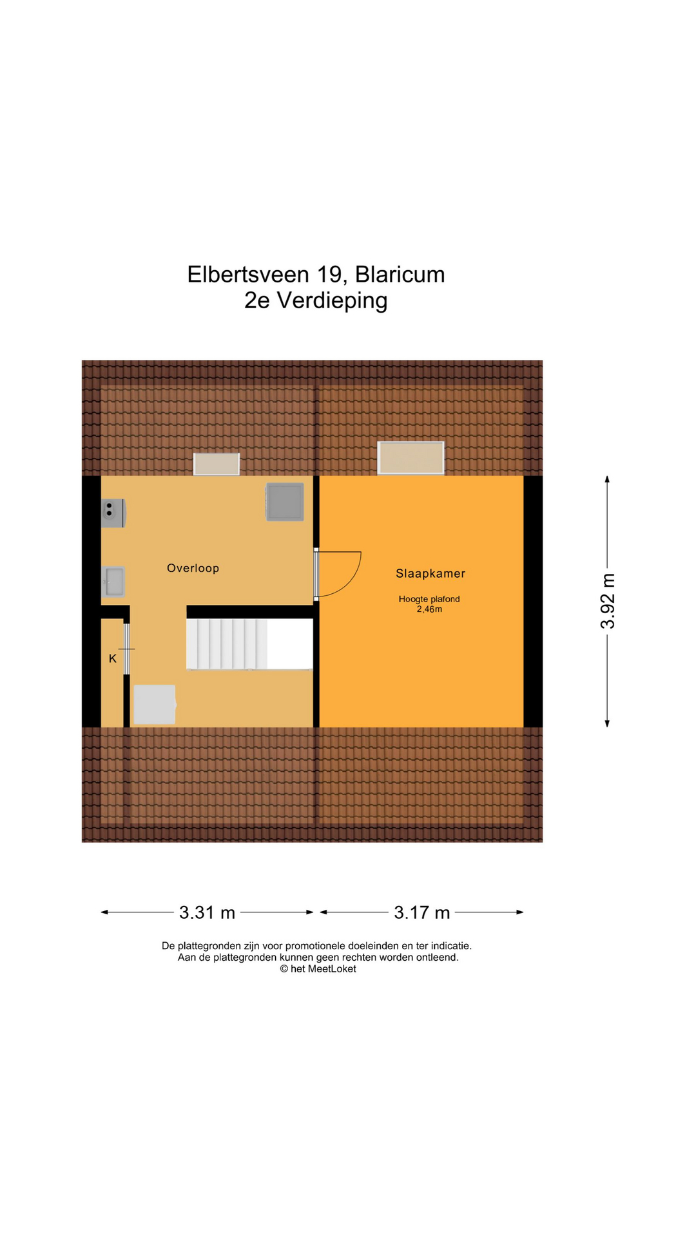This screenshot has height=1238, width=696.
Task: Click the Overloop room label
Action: [x=193, y=568]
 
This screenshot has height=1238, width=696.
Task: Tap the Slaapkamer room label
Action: [x=430, y=573]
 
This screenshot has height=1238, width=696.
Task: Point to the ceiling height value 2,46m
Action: [x=429, y=609]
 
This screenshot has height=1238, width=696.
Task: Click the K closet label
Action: [x=113, y=658]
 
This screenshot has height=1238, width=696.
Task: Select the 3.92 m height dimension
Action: [x=608, y=601]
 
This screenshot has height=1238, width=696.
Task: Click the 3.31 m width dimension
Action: [x=207, y=912]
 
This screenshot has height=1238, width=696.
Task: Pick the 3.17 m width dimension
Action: [x=422, y=912]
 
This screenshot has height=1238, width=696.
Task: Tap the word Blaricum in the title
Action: [x=400, y=275]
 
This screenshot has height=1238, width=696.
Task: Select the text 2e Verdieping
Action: [x=316, y=300]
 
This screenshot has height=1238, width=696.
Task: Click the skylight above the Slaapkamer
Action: [x=411, y=458]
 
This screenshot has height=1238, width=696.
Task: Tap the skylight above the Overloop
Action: [x=217, y=464]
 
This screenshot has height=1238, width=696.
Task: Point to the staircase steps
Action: [x=226, y=644]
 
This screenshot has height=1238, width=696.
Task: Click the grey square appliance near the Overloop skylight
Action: [x=285, y=502]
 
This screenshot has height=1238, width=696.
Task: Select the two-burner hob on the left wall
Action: [x=113, y=513]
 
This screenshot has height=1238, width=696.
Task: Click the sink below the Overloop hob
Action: [x=113, y=582]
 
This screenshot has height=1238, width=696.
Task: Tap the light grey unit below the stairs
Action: [x=155, y=704]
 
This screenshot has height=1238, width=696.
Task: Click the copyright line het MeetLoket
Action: [x=318, y=969]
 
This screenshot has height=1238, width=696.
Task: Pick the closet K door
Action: [x=127, y=649]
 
